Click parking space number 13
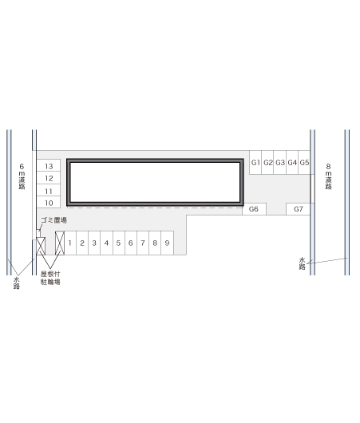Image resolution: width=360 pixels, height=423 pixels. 49,165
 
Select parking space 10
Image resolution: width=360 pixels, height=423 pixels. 49,202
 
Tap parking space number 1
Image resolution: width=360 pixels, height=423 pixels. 70,243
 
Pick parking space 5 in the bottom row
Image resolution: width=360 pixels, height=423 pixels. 118,243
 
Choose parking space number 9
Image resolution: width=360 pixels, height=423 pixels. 167,243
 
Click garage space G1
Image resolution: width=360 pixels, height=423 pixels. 255,162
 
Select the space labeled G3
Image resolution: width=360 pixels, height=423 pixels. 280,162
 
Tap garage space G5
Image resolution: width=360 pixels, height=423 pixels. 304,162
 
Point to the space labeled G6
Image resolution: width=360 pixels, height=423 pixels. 254,209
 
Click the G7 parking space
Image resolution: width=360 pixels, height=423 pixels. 299,209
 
